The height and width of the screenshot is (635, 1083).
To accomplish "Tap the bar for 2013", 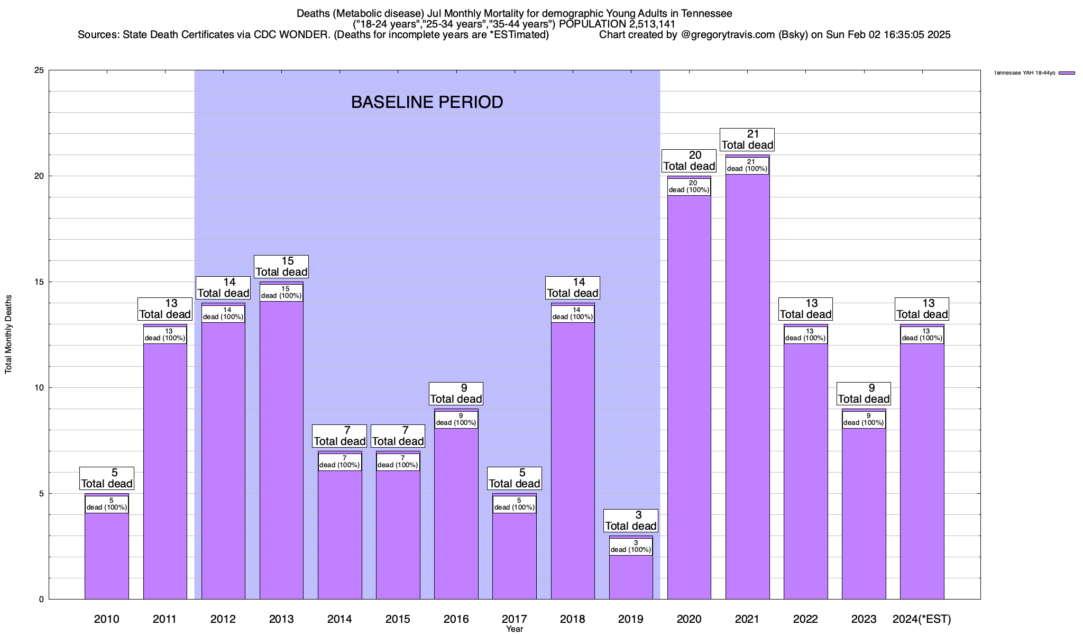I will (281, 450).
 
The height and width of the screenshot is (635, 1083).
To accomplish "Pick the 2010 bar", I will (107, 556).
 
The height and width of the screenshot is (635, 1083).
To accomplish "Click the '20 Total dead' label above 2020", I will (689, 160).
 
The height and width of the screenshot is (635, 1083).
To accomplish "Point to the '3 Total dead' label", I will (631, 520).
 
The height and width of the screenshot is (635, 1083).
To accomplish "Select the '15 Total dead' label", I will (281, 266).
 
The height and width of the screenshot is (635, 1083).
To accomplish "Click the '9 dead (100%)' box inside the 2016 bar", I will (456, 419).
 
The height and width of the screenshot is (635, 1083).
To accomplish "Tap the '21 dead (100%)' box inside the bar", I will (747, 165).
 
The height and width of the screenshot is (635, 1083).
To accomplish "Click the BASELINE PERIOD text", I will (427, 102).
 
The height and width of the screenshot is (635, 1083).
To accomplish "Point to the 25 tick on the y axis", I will (40, 70).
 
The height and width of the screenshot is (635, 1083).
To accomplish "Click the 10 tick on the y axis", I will (40, 388).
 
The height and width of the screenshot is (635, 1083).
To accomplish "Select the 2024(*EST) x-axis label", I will (922, 619).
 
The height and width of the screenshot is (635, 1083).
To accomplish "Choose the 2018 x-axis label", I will (573, 619).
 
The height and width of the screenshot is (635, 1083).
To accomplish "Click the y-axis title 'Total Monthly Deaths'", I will (8, 334).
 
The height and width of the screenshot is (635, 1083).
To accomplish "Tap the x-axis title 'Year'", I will (514, 629).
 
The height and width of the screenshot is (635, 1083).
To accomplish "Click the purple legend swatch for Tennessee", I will (1067, 73).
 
